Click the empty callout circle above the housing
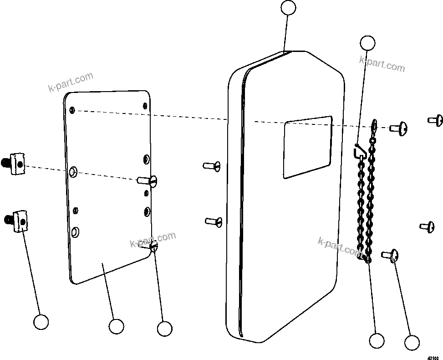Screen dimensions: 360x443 288,8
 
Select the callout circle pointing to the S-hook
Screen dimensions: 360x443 367,43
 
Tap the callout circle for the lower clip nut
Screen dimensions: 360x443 41,322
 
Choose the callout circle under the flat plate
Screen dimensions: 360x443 117,326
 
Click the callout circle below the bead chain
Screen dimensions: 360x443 377,340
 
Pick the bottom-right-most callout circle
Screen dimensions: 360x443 412,343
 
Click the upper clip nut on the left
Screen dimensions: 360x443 15,162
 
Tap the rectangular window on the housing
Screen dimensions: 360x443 307,146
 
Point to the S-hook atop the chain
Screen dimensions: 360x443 359,150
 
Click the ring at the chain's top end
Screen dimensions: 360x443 374,124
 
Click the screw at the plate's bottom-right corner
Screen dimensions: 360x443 153,247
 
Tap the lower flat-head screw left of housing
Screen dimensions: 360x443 214,221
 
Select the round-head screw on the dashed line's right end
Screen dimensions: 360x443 398,129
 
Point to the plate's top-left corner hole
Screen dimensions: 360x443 72,110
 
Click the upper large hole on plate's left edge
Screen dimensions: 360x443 73,172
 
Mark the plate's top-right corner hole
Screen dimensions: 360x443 145,106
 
